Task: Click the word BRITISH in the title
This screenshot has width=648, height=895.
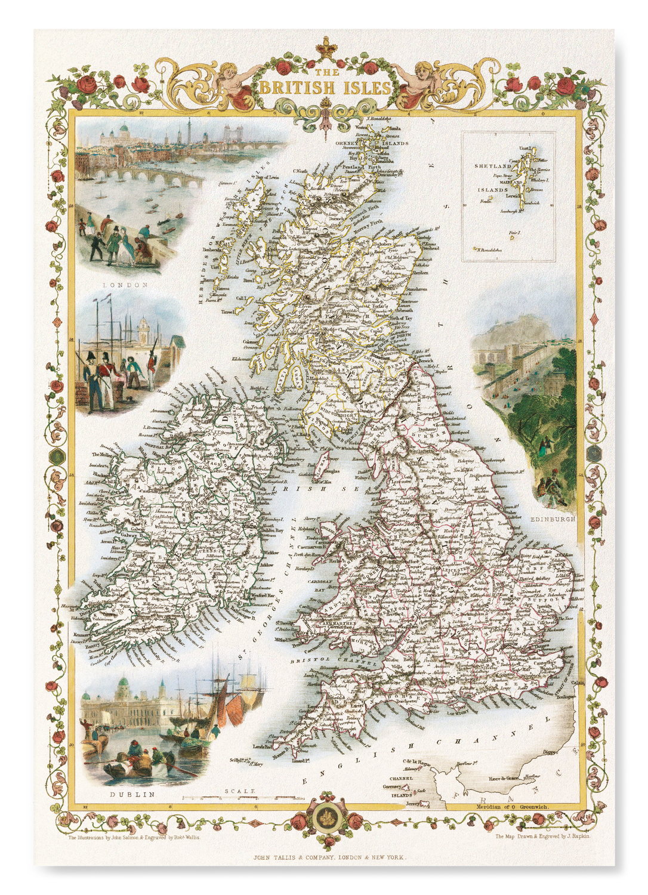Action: click(x=297, y=88)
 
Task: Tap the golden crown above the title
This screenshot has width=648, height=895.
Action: click(x=325, y=46)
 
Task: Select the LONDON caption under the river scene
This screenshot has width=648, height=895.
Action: click(x=125, y=285)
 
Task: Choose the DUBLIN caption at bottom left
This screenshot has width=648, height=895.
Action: click(x=132, y=794)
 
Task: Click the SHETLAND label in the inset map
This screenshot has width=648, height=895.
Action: click(x=492, y=166)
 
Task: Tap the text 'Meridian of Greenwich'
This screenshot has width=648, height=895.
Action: click(x=512, y=807)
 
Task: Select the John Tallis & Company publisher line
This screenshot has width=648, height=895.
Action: click(x=329, y=858)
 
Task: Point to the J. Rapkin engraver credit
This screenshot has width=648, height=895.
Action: click(x=542, y=837)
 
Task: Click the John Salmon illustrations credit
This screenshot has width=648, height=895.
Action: click(x=134, y=838)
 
